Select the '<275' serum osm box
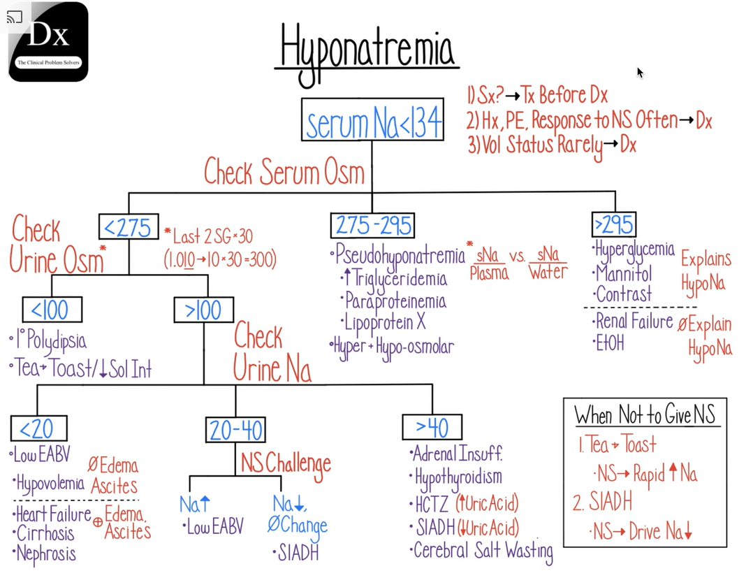tap(129, 226)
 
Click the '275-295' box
tap(372, 226)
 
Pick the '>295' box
tap(613, 224)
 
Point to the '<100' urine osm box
tap(52, 310)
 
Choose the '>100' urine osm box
tap(203, 310)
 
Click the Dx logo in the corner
tap(48, 42)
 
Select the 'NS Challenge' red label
tap(286, 462)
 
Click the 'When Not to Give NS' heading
tap(645, 415)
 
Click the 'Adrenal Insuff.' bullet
tap(458, 453)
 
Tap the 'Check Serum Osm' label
tap(284, 171)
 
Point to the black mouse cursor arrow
tap(640, 72)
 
